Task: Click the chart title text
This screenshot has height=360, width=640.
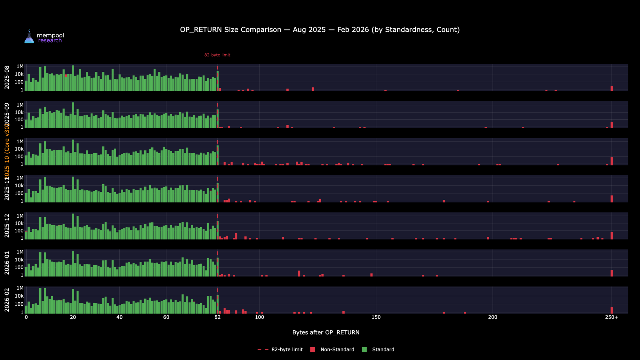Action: click(320, 30)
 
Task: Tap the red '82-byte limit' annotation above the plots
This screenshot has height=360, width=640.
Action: click(217, 55)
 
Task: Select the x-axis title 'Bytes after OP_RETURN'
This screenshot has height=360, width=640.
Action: click(326, 332)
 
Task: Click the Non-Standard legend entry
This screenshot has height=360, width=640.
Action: click(337, 349)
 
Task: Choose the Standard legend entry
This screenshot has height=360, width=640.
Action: click(383, 349)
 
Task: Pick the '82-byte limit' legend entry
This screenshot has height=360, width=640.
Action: click(287, 349)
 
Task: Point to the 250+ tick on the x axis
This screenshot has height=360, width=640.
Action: click(612, 317)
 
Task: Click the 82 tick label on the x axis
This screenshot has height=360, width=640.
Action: click(218, 317)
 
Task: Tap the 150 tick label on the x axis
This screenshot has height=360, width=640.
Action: click(376, 317)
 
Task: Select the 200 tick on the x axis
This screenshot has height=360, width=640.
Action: click(492, 317)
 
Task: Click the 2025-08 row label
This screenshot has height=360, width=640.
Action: click(7, 77)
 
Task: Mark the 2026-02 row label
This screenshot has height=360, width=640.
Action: click(7, 300)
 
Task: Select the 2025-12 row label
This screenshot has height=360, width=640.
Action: click(7, 226)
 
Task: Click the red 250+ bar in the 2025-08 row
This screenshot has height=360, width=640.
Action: click(612, 89)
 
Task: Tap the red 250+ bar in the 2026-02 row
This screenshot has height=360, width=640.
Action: click(612, 310)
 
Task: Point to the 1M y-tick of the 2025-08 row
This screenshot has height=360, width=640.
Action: click(20, 67)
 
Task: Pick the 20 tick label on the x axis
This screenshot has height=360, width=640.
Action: click(73, 317)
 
